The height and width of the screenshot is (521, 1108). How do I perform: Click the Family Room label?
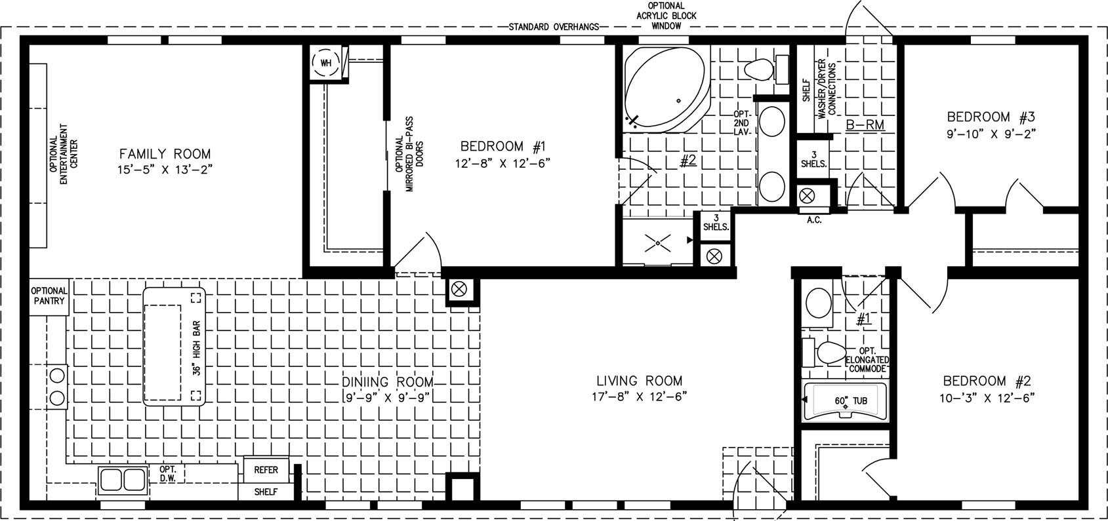[165, 154]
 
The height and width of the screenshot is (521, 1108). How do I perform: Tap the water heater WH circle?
[326, 63]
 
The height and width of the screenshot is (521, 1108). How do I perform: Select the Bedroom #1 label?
[503, 146]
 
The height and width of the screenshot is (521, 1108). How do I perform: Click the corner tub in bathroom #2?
[667, 90]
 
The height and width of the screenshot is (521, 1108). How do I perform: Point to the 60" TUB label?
[851, 400]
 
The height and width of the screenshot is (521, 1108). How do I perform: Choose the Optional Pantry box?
[49, 296]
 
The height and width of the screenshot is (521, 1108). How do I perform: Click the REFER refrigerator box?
[266, 470]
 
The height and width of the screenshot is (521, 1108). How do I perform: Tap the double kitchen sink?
[123, 480]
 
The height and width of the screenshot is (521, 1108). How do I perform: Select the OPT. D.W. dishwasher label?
[168, 474]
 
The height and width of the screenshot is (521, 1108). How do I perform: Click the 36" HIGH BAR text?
[196, 348]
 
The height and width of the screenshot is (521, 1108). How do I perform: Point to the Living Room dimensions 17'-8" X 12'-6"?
[640, 396]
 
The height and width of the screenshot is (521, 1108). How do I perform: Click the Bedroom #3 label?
[991, 117]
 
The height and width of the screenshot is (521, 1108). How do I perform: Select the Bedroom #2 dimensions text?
[987, 397]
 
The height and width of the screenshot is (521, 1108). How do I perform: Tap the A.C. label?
[814, 220]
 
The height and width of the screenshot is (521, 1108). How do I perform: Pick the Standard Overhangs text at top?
[554, 27]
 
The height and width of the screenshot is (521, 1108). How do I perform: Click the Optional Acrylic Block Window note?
[666, 16]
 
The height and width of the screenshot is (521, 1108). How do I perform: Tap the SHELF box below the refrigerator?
[266, 492]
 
